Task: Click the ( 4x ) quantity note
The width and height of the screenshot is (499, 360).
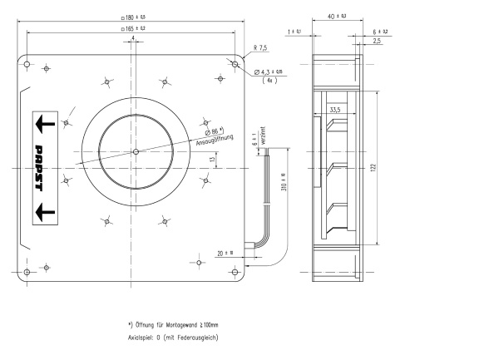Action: [269, 81]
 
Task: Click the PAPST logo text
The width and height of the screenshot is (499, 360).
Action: [39, 168]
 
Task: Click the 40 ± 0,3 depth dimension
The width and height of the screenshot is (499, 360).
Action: [336, 17]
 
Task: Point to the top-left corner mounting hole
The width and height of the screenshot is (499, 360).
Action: [27, 63]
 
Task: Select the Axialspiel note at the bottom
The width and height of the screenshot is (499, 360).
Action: [173, 337]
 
